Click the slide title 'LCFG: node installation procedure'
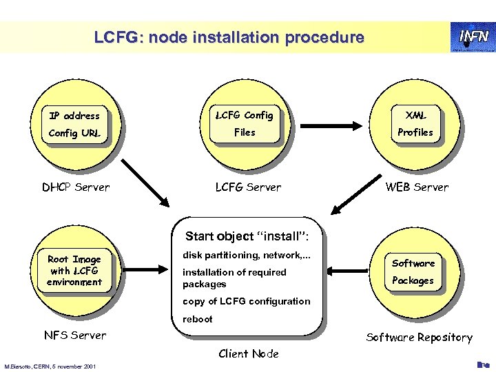pyautogui.click(x=229, y=38)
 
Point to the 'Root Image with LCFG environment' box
pyautogui.click(x=74, y=271)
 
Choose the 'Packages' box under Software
pyautogui.click(x=413, y=280)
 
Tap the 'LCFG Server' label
pyautogui.click(x=248, y=187)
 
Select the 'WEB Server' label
pyautogui.click(x=417, y=187)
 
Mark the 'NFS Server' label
pyautogui.click(x=74, y=335)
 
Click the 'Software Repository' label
pyautogui.click(x=419, y=337)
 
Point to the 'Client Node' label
pyautogui.click(x=248, y=354)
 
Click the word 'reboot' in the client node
pyautogui.click(x=198, y=319)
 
